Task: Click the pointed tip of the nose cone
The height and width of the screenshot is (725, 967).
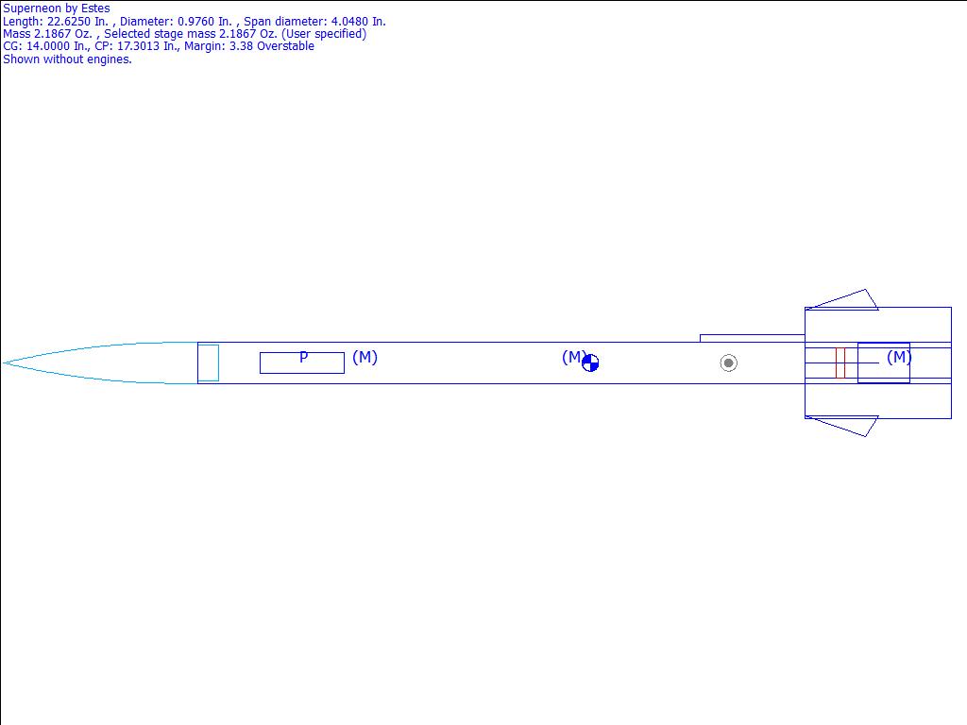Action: (4, 363)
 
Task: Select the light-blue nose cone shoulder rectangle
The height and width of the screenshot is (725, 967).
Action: (208, 363)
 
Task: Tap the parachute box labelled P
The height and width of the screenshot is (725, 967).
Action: (302, 363)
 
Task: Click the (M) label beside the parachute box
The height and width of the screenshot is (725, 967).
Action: (365, 357)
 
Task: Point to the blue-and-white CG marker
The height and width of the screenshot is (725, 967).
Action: (590, 363)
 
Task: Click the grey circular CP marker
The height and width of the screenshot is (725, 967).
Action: (728, 363)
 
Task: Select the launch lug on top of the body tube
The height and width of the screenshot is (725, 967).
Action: (753, 339)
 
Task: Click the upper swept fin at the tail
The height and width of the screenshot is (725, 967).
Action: (841, 299)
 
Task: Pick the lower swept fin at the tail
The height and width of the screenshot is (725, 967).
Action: (841, 426)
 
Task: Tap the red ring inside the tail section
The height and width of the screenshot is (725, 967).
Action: (840, 363)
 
